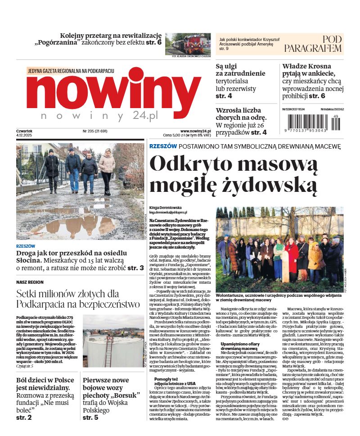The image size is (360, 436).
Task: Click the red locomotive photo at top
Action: [188, 44]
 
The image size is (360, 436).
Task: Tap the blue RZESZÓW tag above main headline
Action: [162, 146]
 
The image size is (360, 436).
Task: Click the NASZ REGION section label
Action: [29, 282]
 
